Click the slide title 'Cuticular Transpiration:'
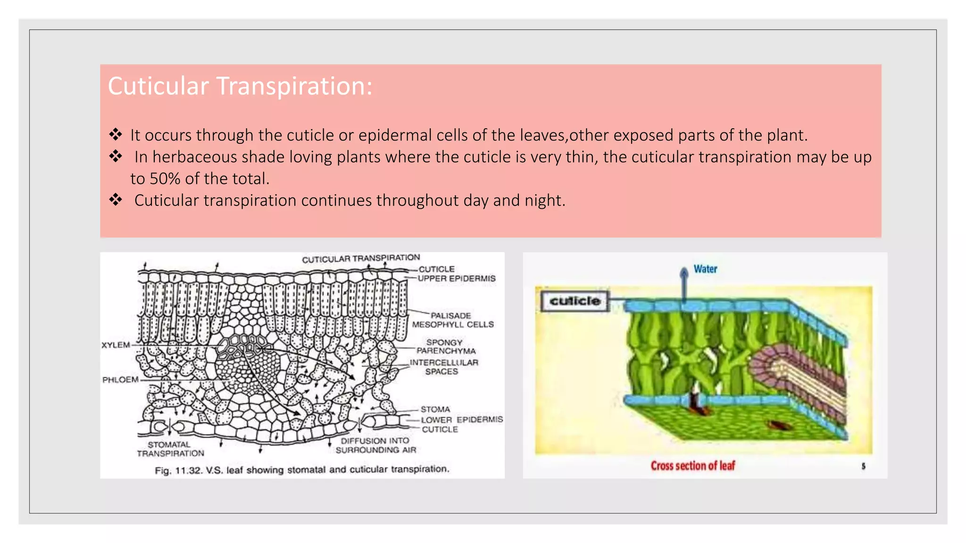pyautogui.click(x=240, y=86)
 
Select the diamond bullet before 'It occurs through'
pyautogui.click(x=116, y=135)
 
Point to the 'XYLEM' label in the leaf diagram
pyautogui.click(x=116, y=345)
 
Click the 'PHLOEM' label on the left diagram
pyautogui.click(x=120, y=380)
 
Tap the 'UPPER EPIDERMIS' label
pyautogui.click(x=457, y=279)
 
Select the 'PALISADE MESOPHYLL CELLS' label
pyautogui.click(x=453, y=320)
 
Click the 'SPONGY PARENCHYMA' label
pyautogui.click(x=445, y=346)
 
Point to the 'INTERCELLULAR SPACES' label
pyautogui.click(x=443, y=367)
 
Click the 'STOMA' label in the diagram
pyautogui.click(x=435, y=409)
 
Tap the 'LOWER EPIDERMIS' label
pyautogui.click(x=462, y=420)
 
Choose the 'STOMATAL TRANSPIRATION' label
pyautogui.click(x=170, y=449)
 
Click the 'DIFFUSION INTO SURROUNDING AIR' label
pyautogui.click(x=375, y=445)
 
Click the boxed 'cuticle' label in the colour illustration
pyautogui.click(x=575, y=301)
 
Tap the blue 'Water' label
pyautogui.click(x=705, y=269)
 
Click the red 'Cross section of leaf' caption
pyautogui.click(x=692, y=466)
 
